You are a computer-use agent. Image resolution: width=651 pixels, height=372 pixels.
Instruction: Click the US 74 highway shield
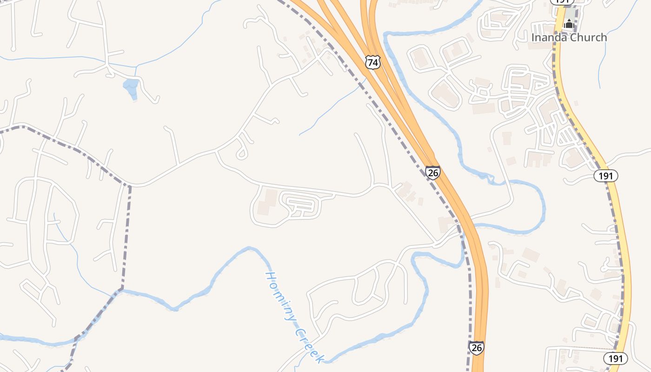tap(372, 62)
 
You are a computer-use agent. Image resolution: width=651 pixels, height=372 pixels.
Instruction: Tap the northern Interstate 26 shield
tap(433, 173)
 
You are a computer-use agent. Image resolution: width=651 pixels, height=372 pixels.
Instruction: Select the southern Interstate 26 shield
tap(476, 347)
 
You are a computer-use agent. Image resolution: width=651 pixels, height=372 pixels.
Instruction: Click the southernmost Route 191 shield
tap(616, 358)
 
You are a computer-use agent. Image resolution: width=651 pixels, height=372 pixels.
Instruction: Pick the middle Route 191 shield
tap(606, 176)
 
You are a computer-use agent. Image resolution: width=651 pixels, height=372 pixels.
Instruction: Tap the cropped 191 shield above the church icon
tap(562, 2)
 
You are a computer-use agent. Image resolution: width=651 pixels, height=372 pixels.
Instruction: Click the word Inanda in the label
tap(549, 37)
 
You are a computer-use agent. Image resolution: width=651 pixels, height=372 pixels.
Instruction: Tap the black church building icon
tap(569, 24)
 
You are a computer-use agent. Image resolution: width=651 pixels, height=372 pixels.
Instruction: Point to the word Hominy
tap(281, 296)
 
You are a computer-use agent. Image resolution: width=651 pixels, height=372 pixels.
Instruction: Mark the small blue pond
tap(131, 87)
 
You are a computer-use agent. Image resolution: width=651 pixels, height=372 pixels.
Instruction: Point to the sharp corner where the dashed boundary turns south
tap(129, 186)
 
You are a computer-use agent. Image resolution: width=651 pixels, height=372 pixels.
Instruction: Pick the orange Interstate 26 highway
tap(479, 279)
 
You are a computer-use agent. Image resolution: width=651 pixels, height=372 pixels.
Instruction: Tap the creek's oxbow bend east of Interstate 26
tap(542, 205)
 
